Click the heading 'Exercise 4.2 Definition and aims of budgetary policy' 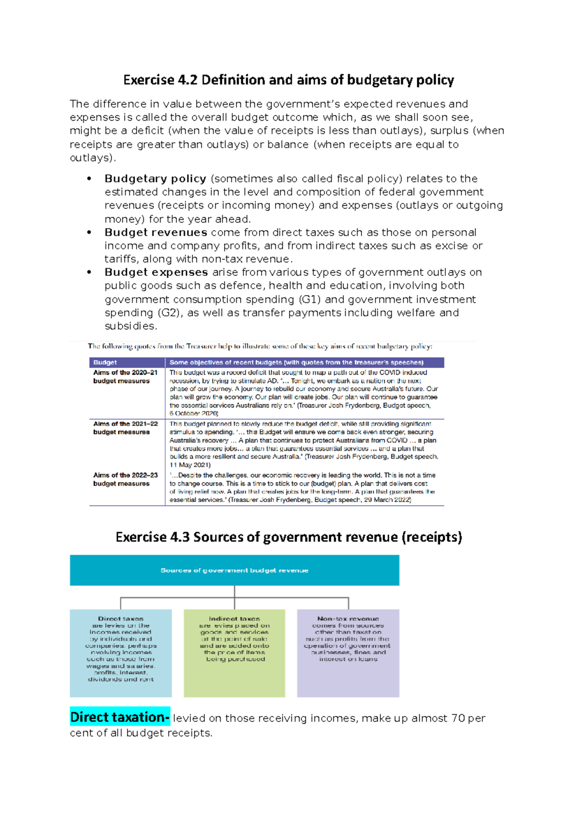[x=288, y=80]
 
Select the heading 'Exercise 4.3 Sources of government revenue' [x=288, y=537]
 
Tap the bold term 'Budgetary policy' [x=155, y=179]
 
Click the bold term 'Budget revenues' [x=156, y=233]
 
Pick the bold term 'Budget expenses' [x=156, y=272]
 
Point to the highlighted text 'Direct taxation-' [x=120, y=717]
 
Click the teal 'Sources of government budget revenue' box [x=234, y=570]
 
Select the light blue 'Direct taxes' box [x=121, y=653]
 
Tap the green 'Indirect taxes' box [x=234, y=653]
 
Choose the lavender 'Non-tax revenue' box [x=348, y=653]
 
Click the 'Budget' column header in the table [x=105, y=362]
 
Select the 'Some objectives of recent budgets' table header [x=296, y=362]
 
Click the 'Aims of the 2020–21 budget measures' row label [x=125, y=377]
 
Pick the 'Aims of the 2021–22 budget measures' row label [x=125, y=428]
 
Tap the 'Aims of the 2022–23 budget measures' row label [x=125, y=479]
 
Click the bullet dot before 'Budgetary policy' [x=89, y=179]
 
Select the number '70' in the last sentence [x=458, y=718]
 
